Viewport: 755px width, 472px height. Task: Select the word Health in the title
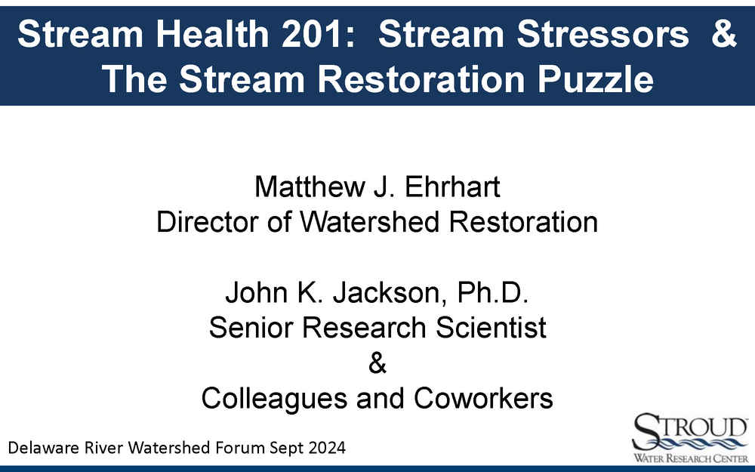click(212, 34)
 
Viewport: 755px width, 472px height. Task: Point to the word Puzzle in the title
click(596, 79)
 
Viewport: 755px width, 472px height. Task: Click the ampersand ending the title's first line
click(724, 34)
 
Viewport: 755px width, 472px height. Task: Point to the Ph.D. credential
click(492, 293)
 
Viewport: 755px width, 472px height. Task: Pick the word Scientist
click(492, 328)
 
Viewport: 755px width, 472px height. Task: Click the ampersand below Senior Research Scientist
click(377, 363)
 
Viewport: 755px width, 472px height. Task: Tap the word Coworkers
click(483, 399)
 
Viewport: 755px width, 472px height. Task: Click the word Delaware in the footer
click(44, 448)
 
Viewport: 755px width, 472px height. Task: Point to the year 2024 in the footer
click(327, 448)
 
